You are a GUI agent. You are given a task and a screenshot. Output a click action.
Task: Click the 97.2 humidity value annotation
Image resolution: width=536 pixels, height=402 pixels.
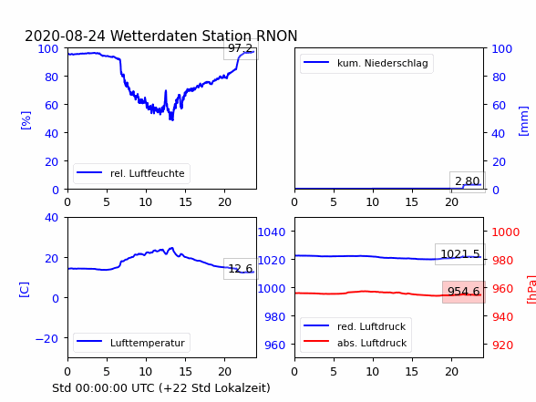tap(241, 48)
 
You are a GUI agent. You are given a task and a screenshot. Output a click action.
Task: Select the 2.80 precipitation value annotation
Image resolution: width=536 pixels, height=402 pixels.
tap(468, 180)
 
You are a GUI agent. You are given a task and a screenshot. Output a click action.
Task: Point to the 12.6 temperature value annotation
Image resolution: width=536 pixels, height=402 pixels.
tap(241, 268)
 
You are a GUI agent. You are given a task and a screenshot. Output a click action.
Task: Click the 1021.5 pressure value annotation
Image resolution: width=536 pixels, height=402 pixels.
tap(460, 254)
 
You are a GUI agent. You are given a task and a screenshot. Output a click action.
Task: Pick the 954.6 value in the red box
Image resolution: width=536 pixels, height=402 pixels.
tap(463, 292)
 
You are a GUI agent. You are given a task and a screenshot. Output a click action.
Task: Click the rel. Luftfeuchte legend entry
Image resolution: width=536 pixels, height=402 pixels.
tap(131, 173)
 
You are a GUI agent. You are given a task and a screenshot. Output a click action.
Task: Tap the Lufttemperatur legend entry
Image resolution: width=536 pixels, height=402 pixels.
tap(131, 343)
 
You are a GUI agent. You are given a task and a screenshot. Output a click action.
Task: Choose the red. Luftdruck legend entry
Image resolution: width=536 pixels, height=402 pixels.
tap(355, 326)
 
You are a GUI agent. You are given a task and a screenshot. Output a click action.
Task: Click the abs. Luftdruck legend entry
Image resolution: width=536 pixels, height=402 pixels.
tap(355, 343)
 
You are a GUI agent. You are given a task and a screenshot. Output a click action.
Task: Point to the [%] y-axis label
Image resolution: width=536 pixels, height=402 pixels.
tap(26, 120)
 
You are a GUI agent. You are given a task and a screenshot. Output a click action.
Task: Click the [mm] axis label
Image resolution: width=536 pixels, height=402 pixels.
tap(523, 121)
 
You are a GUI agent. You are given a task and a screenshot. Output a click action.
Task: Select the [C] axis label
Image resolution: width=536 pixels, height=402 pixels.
tap(25, 290)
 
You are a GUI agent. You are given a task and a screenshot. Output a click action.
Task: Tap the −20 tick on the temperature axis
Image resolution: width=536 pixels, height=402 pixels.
tap(46, 339)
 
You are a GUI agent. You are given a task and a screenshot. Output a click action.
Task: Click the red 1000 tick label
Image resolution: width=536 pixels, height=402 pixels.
tap(506, 232)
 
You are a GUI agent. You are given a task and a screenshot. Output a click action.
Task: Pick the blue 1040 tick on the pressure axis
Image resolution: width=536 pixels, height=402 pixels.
tap(272, 232)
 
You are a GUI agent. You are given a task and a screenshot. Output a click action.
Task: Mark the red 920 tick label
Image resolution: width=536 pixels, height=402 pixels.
tap(502, 345)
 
